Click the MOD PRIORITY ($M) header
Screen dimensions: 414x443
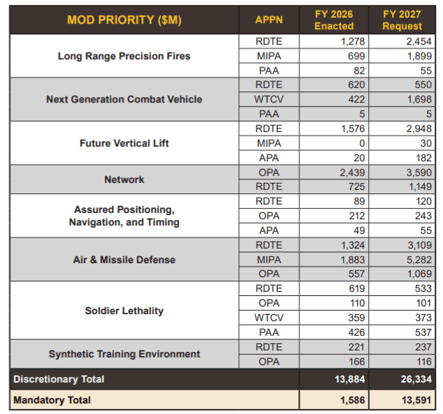(124, 20)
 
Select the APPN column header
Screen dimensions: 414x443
(269, 20)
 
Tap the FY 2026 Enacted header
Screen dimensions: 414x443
(334, 20)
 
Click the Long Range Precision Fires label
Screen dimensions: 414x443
(124, 56)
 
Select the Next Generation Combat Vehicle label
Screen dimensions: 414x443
(124, 99)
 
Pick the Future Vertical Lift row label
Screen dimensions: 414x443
(124, 143)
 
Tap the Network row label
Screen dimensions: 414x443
(124, 179)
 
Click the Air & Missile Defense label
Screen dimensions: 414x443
(124, 260)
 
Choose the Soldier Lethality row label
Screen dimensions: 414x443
(124, 310)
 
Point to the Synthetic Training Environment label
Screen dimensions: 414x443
(124, 354)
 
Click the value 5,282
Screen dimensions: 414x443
(419, 260)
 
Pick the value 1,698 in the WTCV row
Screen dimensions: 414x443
(419, 99)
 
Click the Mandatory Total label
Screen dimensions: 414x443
(52, 400)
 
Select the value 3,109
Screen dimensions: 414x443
(419, 245)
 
